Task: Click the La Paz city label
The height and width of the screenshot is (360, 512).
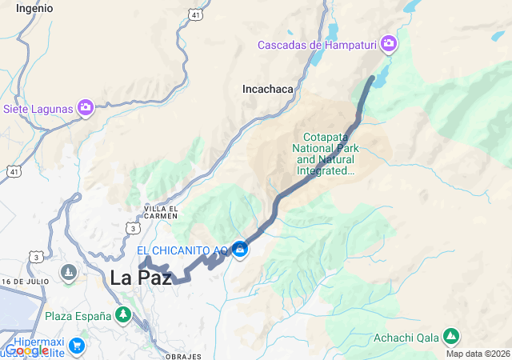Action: [140, 278]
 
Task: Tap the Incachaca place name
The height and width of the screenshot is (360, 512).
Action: [268, 90]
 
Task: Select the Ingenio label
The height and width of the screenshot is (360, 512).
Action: [34, 8]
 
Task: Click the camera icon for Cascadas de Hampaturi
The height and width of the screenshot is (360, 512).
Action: [390, 43]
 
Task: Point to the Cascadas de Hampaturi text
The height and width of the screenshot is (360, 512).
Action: [318, 44]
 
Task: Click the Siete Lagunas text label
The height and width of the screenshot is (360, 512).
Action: [39, 108]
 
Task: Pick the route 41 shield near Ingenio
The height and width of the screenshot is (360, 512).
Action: [196, 14]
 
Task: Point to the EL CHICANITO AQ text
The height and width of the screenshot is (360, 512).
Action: [182, 251]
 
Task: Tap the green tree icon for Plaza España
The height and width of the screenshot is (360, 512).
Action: [122, 315]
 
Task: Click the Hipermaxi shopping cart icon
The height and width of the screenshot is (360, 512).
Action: [77, 346]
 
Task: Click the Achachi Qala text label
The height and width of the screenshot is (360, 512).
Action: [406, 336]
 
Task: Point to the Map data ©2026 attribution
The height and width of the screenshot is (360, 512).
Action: [478, 354]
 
